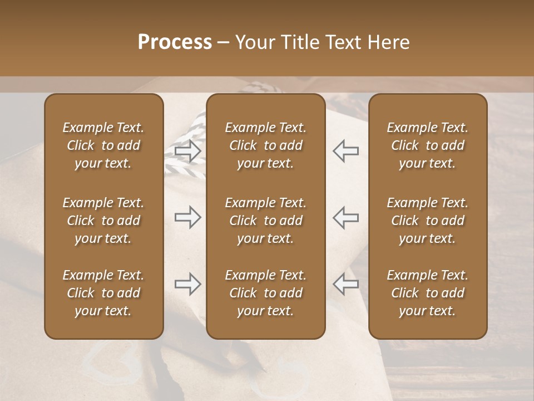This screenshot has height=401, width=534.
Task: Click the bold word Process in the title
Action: (175, 42)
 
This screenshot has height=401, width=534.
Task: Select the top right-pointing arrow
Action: (188, 151)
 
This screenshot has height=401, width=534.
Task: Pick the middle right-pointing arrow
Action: (188, 217)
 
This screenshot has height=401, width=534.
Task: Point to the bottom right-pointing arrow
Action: (188, 284)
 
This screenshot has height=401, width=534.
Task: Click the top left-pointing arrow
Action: (345, 151)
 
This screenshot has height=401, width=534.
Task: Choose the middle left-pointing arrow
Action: (345, 217)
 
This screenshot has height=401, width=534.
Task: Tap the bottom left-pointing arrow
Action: (345, 284)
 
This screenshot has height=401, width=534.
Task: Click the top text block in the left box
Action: (103, 145)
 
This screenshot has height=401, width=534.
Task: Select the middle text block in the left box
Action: (103, 221)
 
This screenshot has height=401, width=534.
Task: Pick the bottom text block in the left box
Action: (103, 293)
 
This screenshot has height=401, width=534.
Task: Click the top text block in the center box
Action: (265, 145)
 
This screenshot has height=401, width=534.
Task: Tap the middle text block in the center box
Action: (265, 221)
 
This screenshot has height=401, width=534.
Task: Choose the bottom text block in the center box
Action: (265, 293)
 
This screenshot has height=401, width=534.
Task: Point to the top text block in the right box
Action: (427, 145)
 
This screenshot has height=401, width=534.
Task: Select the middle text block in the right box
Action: (427, 221)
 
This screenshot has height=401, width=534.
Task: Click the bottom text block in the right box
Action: (427, 293)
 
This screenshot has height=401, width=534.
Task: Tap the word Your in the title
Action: (254, 42)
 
